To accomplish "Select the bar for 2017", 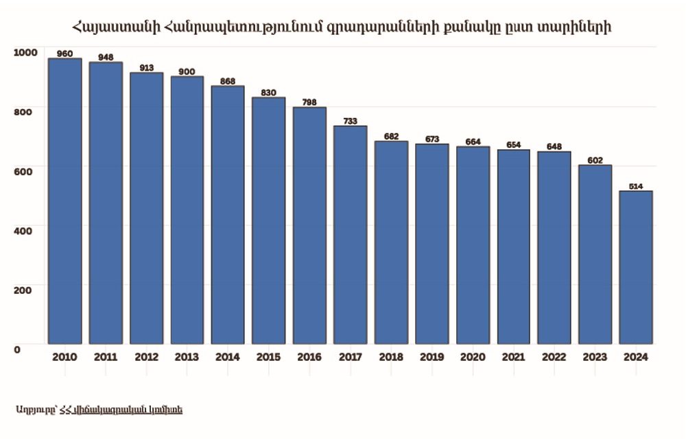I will point(351,235).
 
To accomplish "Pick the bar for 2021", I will point(514,247).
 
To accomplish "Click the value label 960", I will point(65,53).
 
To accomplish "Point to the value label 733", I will point(351,121).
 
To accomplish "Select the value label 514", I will point(636,186).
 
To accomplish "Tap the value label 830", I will point(269,92).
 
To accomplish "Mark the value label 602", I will point(595,160).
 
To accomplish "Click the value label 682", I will point(391,136).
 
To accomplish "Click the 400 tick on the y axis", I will point(23,231).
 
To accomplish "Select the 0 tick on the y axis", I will point(17,349).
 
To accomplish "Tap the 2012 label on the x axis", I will point(147,358).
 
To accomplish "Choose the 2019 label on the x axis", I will point(432,358).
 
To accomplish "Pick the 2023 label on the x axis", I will point(595,358).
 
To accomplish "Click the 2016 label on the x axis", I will point(310,358).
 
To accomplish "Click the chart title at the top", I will point(342,28).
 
